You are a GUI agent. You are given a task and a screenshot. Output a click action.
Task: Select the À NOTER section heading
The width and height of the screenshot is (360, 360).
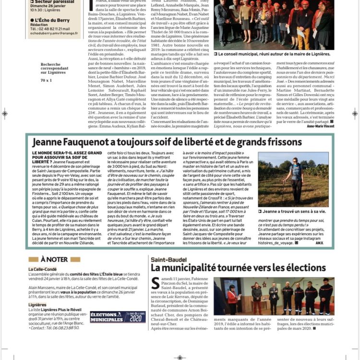pyautogui.click(x=54, y=260)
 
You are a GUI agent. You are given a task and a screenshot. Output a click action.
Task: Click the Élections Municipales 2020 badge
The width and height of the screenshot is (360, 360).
pyautogui.click(x=118, y=317)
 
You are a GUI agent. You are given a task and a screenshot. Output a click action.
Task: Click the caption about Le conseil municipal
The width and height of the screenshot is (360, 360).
pyautogui.click(x=274, y=54)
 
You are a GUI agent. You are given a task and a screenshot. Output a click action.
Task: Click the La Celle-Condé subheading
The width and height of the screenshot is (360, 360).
pyautogui.click(x=43, y=269)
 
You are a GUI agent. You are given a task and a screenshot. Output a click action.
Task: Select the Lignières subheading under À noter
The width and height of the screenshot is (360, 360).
pyautogui.click(x=37, y=304)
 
